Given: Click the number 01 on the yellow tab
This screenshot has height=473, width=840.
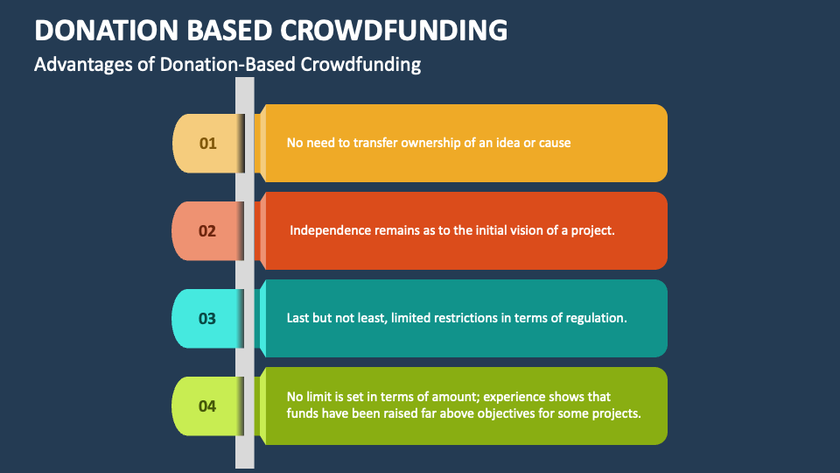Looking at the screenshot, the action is click(208, 143).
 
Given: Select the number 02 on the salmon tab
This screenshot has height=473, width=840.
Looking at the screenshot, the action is click(207, 231).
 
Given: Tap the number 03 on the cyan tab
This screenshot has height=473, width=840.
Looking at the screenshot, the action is click(207, 319).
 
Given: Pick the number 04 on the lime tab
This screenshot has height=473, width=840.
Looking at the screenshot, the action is click(207, 406).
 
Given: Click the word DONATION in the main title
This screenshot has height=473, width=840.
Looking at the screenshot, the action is click(106, 30).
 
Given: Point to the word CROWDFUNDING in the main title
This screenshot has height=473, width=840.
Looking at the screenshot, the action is click(394, 30).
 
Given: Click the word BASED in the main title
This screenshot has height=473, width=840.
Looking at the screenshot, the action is click(229, 30).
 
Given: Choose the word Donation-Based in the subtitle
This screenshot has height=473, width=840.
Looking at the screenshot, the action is click(227, 64).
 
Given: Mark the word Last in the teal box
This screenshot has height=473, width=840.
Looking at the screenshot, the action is click(297, 318).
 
